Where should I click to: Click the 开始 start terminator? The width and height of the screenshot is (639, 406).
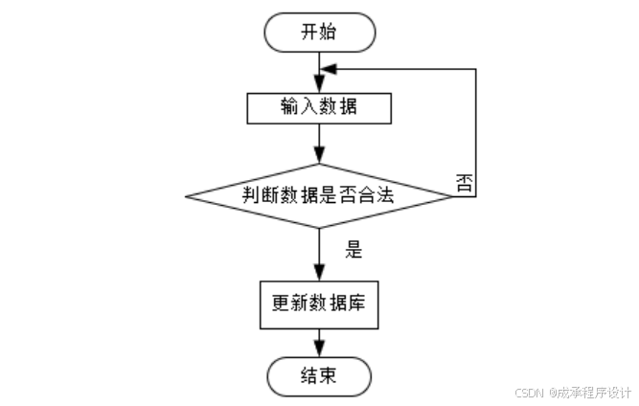[319, 32]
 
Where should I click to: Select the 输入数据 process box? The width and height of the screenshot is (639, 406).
[319, 107]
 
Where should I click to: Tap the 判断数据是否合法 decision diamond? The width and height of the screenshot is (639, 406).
[319, 196]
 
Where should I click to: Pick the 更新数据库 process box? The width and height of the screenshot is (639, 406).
[319, 304]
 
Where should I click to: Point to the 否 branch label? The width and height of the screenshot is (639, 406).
[464, 183]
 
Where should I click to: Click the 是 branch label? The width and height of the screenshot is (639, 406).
[354, 251]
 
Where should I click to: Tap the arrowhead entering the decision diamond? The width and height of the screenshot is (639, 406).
[319, 160]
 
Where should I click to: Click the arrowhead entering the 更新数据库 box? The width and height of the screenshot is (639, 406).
[319, 273]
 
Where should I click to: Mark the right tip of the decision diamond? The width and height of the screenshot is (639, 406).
[451, 196]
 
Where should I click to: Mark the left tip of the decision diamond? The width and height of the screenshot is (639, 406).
[186, 196]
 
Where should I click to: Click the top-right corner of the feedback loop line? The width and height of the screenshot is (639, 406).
[476, 69]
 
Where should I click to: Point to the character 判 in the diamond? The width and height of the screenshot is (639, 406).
[251, 196]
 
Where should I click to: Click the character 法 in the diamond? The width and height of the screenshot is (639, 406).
[388, 196]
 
